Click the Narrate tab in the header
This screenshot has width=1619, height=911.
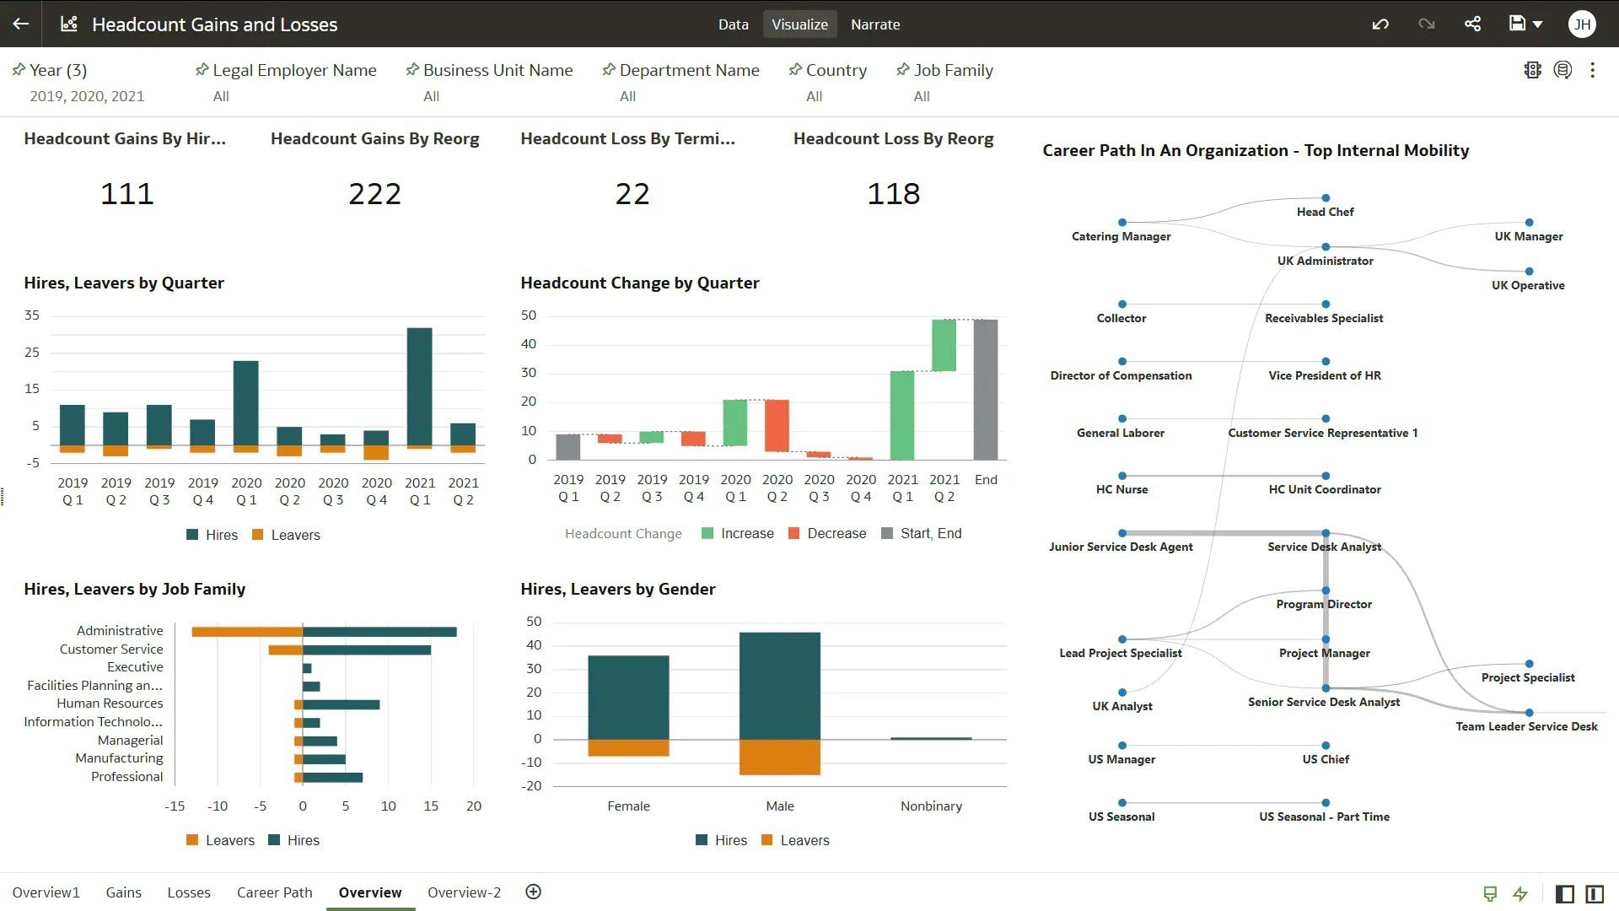[x=874, y=24]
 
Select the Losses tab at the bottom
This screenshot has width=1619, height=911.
[x=189, y=892]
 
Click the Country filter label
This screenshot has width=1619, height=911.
[x=836, y=70]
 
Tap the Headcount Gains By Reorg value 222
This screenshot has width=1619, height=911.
[x=374, y=194]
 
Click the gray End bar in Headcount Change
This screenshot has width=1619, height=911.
[x=985, y=389]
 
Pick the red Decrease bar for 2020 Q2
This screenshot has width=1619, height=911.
[x=777, y=425]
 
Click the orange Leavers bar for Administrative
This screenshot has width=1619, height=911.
[x=247, y=632]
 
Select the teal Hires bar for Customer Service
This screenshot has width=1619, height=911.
[x=367, y=650]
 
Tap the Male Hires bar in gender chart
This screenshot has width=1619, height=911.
[x=779, y=685]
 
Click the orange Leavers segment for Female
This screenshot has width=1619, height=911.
[x=628, y=747]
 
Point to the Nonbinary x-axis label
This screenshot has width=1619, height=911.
[x=930, y=806]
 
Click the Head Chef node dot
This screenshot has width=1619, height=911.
[x=1326, y=198]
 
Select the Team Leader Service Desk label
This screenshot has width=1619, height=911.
[x=1525, y=726]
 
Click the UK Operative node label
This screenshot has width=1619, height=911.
[x=1527, y=285]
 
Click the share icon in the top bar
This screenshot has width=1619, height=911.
[x=1472, y=24]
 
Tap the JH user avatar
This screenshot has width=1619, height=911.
[x=1582, y=24]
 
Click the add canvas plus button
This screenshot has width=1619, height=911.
[x=533, y=892]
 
